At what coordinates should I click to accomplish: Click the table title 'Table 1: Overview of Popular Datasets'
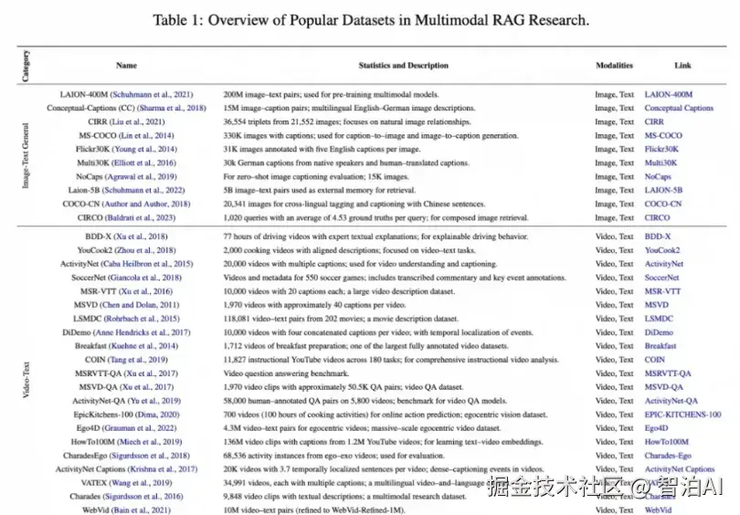(370, 19)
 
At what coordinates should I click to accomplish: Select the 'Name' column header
(127, 66)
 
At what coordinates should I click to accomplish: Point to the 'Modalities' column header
(613, 66)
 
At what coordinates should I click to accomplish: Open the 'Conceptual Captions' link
(679, 109)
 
